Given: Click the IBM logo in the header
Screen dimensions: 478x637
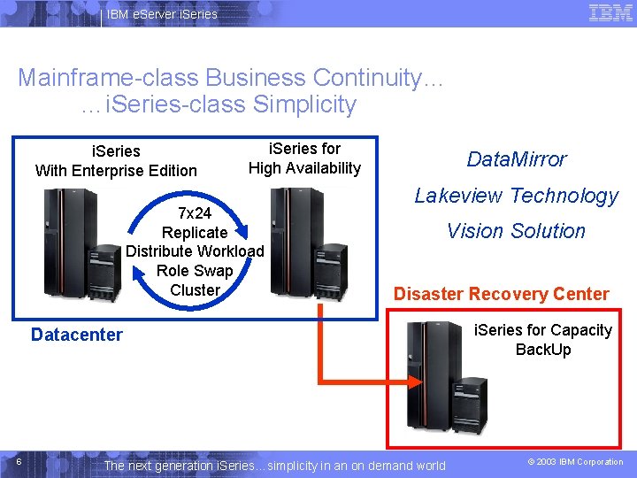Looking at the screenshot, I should [x=610, y=13].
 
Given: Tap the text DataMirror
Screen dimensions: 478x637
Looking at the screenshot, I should [x=517, y=159].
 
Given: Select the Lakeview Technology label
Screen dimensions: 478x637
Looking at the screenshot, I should [x=517, y=196].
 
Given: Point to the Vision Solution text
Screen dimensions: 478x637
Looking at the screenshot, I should [x=516, y=231].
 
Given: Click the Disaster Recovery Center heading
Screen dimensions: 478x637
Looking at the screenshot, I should [x=501, y=294].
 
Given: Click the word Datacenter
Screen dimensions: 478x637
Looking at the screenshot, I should [x=77, y=335].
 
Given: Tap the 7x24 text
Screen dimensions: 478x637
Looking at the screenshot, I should [x=195, y=213].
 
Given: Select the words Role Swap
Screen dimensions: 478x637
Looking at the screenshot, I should [x=195, y=271].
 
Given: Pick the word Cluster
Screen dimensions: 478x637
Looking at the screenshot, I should [x=195, y=290].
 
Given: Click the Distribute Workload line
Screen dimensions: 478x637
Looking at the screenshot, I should [x=195, y=251].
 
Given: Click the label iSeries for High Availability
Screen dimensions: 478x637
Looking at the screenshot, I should [x=304, y=158].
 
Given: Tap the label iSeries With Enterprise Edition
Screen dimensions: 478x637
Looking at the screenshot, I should [x=116, y=161].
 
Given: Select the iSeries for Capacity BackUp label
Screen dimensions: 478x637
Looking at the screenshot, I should [x=543, y=340].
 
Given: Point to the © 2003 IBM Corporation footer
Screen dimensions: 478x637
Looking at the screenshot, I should [x=576, y=462].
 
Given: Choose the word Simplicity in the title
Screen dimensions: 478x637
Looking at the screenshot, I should [x=303, y=104].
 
